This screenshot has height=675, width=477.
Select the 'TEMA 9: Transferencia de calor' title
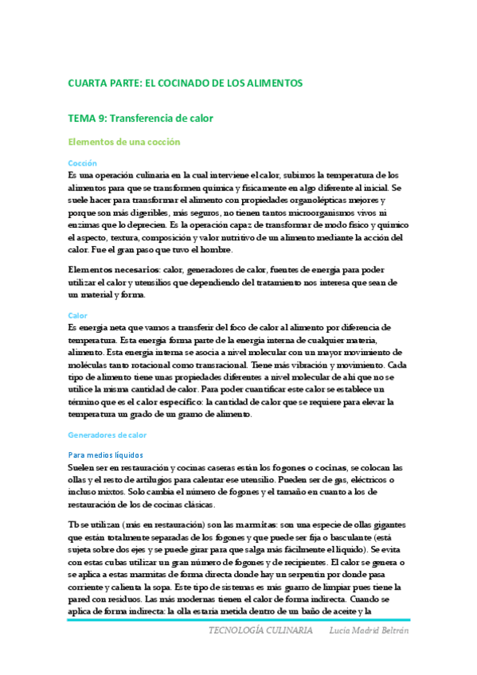tap(140, 119)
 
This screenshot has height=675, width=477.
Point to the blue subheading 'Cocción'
tap(82, 162)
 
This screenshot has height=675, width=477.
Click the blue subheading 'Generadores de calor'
tap(108, 435)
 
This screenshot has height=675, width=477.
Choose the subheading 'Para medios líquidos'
tap(105, 455)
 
